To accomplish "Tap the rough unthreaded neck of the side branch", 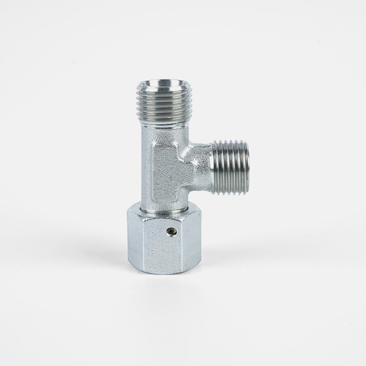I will (201, 167).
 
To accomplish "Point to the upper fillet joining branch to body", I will (190, 145).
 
